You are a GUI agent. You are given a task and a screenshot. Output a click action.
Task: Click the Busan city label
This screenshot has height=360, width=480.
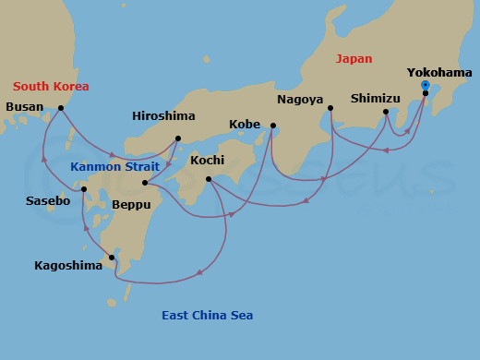[x=24, y=107]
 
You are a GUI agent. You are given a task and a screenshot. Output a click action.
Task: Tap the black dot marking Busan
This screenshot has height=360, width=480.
[x=61, y=108]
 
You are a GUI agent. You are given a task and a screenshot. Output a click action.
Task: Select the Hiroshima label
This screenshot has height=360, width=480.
[x=163, y=116]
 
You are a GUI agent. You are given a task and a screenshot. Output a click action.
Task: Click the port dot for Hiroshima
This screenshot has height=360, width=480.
[x=178, y=139]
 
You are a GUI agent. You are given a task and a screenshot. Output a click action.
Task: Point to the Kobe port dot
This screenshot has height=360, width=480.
[x=273, y=126]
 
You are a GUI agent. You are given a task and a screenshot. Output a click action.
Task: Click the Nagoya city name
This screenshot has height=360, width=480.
[x=299, y=100]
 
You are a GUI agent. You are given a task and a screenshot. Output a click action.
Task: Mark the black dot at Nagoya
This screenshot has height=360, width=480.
[x=330, y=108]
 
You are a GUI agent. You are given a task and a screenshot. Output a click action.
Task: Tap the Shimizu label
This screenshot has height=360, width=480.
[x=376, y=98]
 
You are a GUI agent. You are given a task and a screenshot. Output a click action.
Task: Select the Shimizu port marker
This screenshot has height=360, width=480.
[x=386, y=113]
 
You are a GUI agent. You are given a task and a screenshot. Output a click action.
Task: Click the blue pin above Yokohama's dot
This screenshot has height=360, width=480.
[x=425, y=85]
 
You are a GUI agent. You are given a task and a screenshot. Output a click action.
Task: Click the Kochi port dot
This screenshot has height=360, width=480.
[x=209, y=179]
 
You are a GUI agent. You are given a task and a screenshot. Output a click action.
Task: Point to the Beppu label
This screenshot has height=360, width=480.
[x=129, y=205]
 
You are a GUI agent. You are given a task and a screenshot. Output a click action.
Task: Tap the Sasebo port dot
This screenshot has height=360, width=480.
[x=84, y=190]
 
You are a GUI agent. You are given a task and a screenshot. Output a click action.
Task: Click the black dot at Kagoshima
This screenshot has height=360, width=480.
[x=112, y=258]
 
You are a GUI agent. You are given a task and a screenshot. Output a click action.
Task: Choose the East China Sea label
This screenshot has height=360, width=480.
[x=207, y=316]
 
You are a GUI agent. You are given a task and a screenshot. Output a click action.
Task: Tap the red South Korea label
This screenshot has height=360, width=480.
[x=51, y=87]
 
